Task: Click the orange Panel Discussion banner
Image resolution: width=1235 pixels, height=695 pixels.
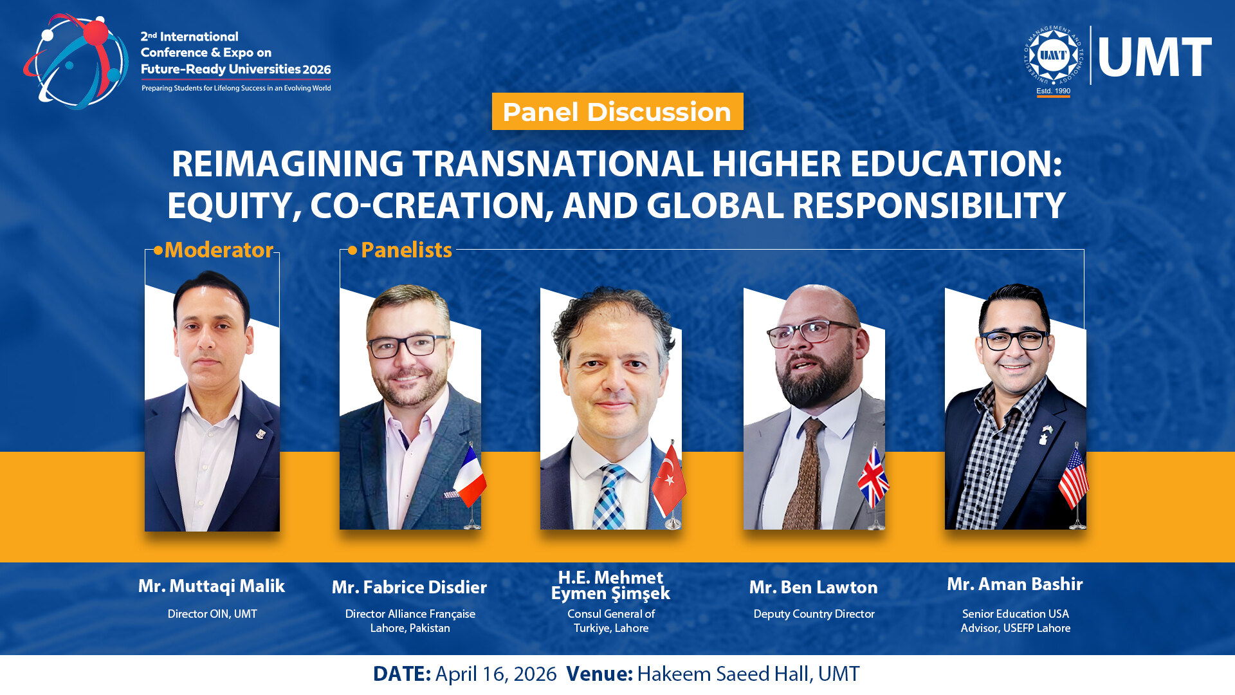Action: coord(617,111)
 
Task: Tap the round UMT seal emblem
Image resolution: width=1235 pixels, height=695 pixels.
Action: coord(1053,55)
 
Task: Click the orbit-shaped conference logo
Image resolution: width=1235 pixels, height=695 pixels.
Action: coord(76,61)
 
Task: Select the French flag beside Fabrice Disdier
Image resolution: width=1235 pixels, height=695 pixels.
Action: coord(470,476)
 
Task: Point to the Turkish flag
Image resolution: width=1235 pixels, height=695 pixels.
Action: coord(669,479)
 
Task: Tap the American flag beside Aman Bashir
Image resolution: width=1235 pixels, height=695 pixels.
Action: coord(1074,477)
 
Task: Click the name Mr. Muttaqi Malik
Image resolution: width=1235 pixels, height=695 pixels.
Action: coord(212,586)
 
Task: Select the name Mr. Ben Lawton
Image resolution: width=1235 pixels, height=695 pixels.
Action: coord(814,587)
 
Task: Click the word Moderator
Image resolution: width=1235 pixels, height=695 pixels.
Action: coord(219,250)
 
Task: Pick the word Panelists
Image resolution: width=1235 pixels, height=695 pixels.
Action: coord(407,250)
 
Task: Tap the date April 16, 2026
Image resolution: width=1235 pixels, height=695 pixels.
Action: coord(496,674)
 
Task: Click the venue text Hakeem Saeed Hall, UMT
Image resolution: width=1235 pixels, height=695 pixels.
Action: coord(748,674)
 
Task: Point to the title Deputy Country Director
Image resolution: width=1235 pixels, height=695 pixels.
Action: coord(814,614)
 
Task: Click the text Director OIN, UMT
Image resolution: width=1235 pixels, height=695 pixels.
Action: coord(212,614)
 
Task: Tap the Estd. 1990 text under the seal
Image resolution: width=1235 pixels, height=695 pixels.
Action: coord(1054,91)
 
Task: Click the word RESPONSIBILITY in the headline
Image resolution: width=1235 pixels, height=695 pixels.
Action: coord(929,205)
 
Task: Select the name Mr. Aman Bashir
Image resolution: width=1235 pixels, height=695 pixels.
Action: coord(1015,584)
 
